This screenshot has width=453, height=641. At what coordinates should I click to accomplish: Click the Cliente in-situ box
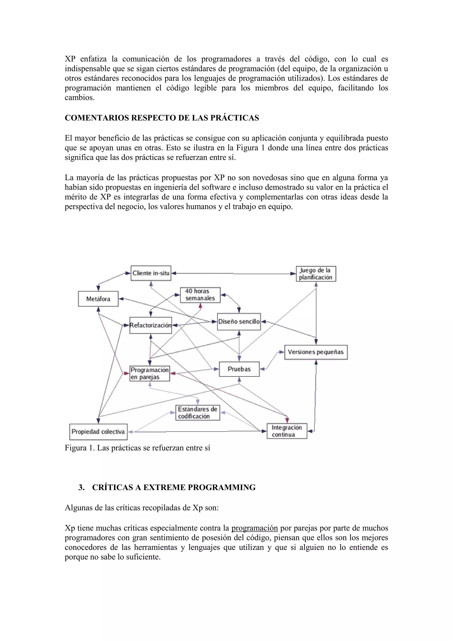(151, 273)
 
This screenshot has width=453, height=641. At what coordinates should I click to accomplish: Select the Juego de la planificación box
(316, 274)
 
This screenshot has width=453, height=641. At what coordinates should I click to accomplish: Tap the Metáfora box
(98, 299)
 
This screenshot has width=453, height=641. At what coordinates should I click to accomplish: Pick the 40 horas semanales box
(200, 295)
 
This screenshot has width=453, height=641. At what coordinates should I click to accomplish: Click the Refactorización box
(151, 325)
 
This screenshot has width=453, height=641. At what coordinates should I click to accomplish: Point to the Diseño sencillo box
(239, 322)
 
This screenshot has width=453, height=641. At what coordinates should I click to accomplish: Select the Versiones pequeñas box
(316, 352)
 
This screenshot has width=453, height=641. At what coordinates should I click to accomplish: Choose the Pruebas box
(239, 369)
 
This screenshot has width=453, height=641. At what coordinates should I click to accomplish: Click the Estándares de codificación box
(198, 413)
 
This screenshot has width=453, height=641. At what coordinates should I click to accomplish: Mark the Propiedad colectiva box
(98, 432)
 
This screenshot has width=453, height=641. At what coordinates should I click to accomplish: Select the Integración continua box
(287, 431)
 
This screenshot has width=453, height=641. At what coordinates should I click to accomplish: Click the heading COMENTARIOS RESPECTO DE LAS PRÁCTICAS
(162, 118)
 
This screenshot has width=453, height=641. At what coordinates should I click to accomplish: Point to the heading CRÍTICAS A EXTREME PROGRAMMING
(174, 487)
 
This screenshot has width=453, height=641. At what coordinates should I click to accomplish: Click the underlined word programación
(254, 528)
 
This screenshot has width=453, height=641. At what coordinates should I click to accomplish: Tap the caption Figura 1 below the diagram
(137, 448)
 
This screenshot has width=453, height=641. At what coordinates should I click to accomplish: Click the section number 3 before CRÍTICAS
(81, 487)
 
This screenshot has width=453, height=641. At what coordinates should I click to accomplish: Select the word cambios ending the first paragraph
(79, 97)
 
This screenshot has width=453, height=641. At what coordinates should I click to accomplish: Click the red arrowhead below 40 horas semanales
(200, 306)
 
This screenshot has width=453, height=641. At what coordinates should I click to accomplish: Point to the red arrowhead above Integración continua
(287, 420)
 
